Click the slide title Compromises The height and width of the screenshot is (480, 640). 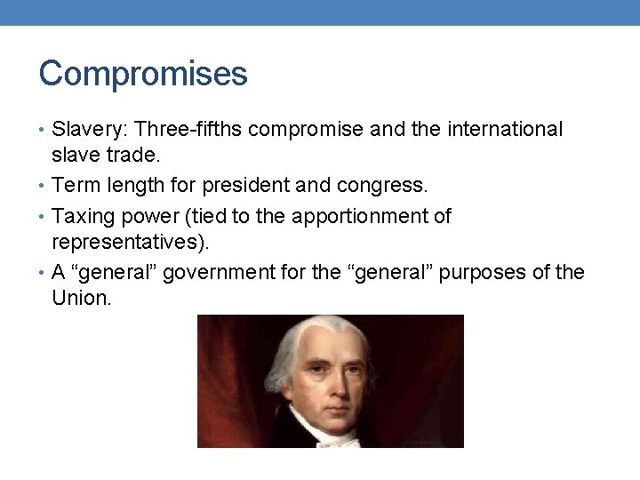pyautogui.click(x=143, y=74)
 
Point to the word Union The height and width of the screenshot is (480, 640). pyautogui.click(x=81, y=297)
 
